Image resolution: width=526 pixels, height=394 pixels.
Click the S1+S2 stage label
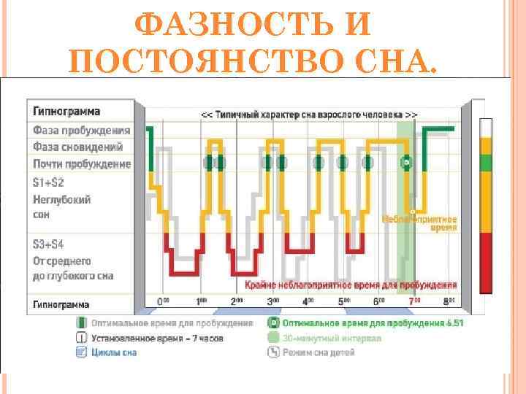click(48, 182)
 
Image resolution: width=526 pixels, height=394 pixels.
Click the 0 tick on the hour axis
click(164, 301)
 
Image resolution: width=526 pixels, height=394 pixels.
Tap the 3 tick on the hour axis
click(272, 301)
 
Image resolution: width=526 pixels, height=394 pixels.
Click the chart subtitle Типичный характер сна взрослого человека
click(310, 115)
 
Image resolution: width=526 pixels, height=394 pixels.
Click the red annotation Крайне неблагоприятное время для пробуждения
click(351, 285)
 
